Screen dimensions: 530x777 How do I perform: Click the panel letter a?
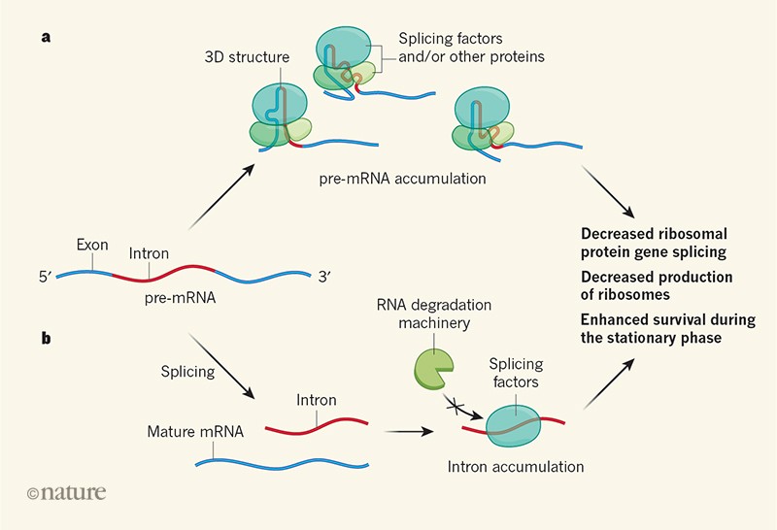click(x=46, y=38)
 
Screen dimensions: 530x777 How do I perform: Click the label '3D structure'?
click(x=249, y=58)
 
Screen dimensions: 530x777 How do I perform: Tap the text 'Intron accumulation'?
click(x=516, y=467)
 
